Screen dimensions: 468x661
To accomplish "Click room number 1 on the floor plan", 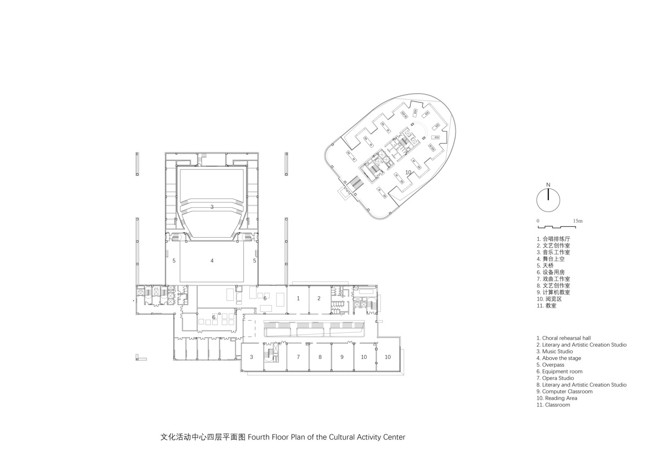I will tap(298, 298).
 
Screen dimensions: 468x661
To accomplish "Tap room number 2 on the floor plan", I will tap(319, 298).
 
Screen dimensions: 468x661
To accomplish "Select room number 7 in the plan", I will tap(298, 357).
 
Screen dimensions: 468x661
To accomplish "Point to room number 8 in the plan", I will tap(320, 357).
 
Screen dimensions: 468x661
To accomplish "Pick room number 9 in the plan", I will tap(342, 357).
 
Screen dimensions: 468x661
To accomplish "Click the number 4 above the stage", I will tap(212, 261).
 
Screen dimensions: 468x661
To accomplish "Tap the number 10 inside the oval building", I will tap(408, 173).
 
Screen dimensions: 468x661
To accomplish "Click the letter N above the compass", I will tap(548, 184).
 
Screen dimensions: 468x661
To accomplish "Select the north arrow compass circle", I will tap(548, 200).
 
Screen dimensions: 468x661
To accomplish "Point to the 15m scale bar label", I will tap(577, 221).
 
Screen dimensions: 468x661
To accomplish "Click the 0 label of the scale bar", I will tap(538, 221).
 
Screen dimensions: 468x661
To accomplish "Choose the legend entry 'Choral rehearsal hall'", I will tap(563, 338).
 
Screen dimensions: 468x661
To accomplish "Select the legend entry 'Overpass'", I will tap(550, 365).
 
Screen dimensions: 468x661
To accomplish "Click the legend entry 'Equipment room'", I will tap(559, 372).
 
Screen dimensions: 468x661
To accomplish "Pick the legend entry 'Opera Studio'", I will tap(555, 378).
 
